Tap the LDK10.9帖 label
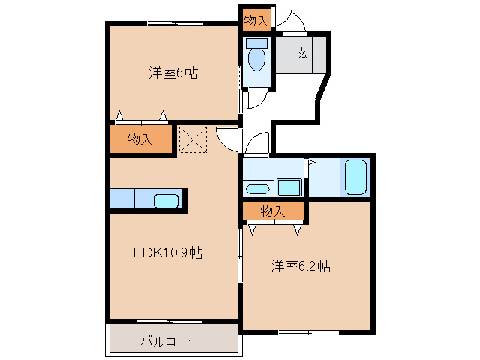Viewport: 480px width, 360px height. pyautogui.click(x=167, y=253)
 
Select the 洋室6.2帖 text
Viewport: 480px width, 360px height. pyautogui.click(x=300, y=266)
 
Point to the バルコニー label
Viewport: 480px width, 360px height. pyautogui.click(x=169, y=342)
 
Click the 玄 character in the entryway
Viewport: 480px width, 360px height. pyautogui.click(x=301, y=52)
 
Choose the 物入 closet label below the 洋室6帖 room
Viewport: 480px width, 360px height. pyautogui.click(x=140, y=139)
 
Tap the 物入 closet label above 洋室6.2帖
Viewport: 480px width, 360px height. pyautogui.click(x=272, y=211)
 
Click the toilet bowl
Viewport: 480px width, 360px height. pyautogui.click(x=256, y=58)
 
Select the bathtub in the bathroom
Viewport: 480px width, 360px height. pyautogui.click(x=355, y=177)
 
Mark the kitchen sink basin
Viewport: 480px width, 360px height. pyautogui.click(x=166, y=201)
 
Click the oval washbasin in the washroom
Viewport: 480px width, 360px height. pyautogui.click(x=257, y=188)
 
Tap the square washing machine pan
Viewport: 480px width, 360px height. pyautogui.click(x=288, y=187)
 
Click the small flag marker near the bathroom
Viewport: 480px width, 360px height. pyautogui.click(x=310, y=162)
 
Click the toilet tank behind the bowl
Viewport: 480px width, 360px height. pyautogui.click(x=256, y=43)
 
